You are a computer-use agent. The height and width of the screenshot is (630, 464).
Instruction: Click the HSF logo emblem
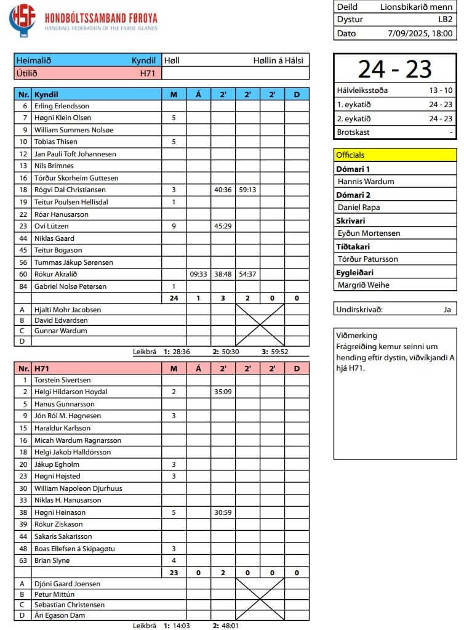click(x=22, y=19)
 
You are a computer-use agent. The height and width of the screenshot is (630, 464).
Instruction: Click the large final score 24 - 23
click(x=395, y=69)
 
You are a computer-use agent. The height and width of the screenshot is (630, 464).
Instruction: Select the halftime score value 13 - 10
click(x=441, y=91)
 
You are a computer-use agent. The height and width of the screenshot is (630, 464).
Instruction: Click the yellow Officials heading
click(x=351, y=155)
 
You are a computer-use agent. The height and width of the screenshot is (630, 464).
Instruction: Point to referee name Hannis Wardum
click(x=366, y=182)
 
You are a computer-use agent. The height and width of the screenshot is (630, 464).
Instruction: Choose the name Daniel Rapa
click(x=359, y=208)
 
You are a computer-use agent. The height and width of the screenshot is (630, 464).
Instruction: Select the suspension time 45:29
click(x=223, y=226)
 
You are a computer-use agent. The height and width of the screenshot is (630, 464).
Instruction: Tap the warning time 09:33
click(x=198, y=274)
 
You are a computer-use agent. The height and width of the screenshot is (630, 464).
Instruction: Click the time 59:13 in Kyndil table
click(x=247, y=190)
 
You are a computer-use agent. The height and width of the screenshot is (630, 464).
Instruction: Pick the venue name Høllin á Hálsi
click(x=279, y=61)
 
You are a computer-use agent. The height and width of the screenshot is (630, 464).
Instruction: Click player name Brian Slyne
click(x=52, y=560)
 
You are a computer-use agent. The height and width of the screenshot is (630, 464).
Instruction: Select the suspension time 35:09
click(x=223, y=392)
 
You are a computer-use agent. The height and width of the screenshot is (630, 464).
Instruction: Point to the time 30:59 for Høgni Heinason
click(x=223, y=512)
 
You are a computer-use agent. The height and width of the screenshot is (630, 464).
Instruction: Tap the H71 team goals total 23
click(x=174, y=573)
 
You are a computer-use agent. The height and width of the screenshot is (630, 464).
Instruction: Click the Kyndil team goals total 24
click(x=174, y=299)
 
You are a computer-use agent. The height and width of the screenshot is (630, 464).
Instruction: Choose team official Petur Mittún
click(x=55, y=594)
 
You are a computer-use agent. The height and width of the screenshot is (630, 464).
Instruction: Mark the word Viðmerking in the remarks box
click(x=357, y=336)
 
